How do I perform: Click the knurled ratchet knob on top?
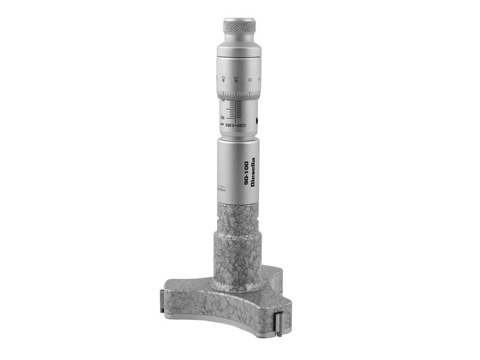(239, 26)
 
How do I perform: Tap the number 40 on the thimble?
(223, 79)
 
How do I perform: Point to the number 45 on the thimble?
(236, 79)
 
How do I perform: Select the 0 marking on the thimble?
(250, 80)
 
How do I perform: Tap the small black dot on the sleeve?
(257, 121)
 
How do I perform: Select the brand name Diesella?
(253, 175)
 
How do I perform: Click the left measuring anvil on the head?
(163, 299)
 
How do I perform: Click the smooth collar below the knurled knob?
(239, 45)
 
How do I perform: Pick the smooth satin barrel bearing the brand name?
(238, 171)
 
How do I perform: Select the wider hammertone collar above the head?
(238, 255)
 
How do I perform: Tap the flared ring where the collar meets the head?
(238, 284)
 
